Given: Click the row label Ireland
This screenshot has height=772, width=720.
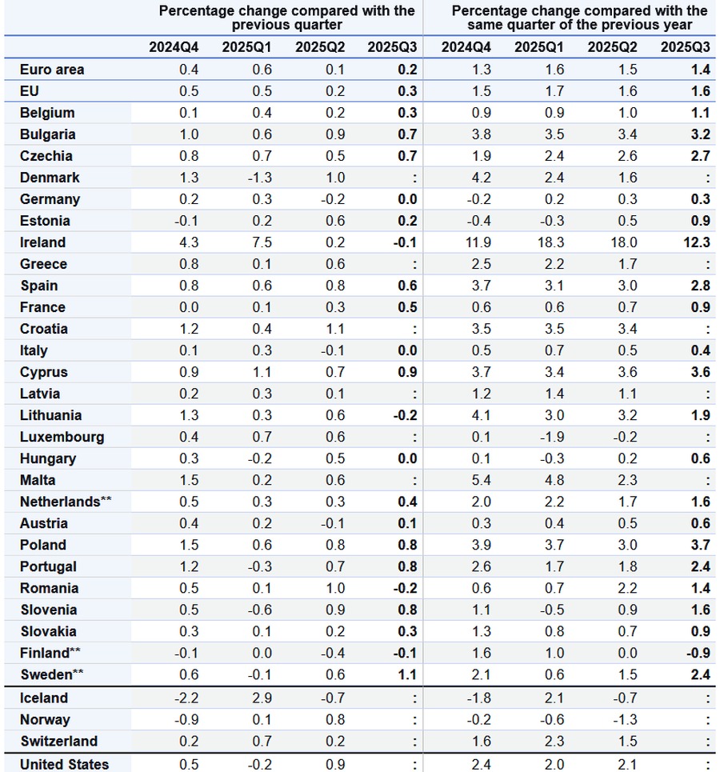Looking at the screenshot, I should click(x=42, y=242).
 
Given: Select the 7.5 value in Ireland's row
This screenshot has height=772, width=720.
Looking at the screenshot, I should click(x=262, y=242).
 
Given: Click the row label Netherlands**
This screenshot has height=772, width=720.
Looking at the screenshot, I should click(x=66, y=502).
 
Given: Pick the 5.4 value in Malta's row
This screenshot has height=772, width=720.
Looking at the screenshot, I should click(x=480, y=480).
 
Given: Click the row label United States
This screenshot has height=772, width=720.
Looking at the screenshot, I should click(x=64, y=764).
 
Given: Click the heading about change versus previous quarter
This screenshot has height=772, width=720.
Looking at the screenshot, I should click(x=286, y=18).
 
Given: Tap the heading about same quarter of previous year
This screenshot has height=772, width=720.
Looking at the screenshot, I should click(x=579, y=18).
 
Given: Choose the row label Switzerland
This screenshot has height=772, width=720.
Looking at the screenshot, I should click(x=58, y=742).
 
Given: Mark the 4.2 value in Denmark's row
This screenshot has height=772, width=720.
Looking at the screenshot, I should click(x=480, y=178).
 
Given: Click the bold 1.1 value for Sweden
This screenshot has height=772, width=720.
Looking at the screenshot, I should click(x=407, y=674).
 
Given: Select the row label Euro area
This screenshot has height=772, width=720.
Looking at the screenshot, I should click(x=52, y=70).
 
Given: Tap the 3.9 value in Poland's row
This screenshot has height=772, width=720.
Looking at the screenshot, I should click(x=480, y=545).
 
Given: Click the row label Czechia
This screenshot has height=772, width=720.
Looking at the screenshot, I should click(x=46, y=156).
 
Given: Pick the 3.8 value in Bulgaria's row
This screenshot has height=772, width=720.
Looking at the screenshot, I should click(x=480, y=134).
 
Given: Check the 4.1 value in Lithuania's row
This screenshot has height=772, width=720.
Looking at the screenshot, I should click(x=480, y=415).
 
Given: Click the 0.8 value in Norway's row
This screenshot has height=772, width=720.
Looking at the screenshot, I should click(x=334, y=720).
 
